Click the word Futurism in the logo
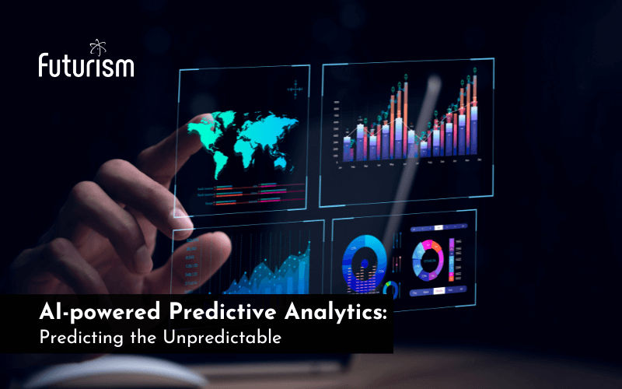[86, 66]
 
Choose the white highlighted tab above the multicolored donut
[438, 228]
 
